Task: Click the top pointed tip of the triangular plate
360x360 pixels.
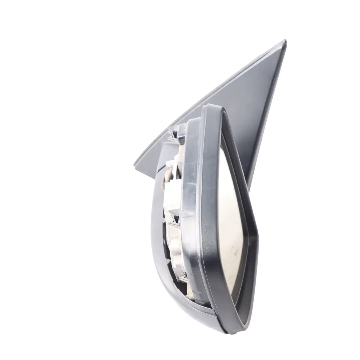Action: point(284,41)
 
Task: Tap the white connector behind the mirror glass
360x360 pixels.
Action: point(171,163)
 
